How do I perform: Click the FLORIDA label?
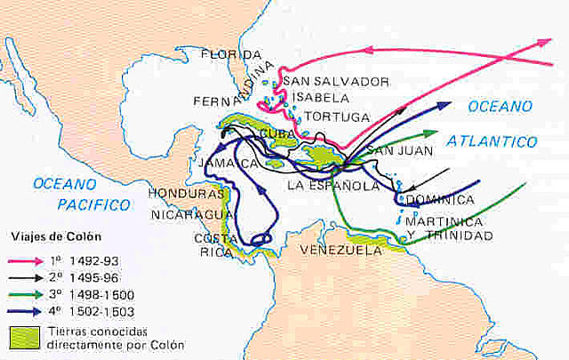(x=230, y=54)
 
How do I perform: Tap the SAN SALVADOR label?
(x=335, y=81)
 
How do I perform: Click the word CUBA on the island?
(x=277, y=132)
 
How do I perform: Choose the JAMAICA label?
(x=228, y=164)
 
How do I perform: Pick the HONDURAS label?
(x=186, y=193)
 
